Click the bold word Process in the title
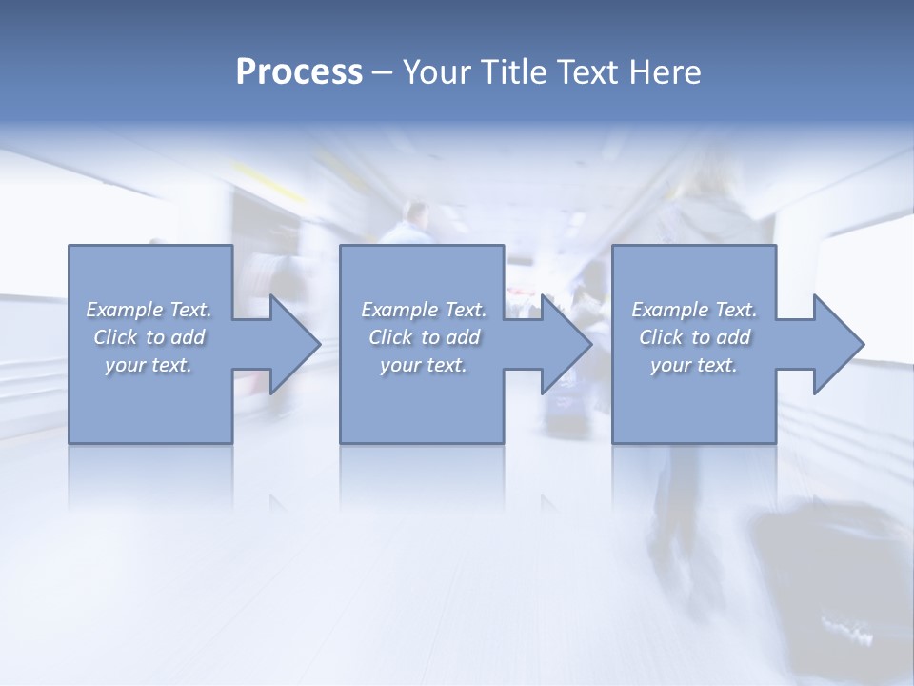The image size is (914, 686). pyautogui.click(x=299, y=72)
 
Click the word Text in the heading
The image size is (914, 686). pyautogui.click(x=586, y=72)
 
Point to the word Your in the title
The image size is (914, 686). pyautogui.click(x=438, y=72)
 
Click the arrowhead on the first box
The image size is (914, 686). pyautogui.click(x=289, y=344)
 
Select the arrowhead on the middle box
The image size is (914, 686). pyautogui.click(x=561, y=344)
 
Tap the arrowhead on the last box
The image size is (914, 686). pyautogui.click(x=832, y=344)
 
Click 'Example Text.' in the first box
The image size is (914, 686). pyautogui.click(x=149, y=310)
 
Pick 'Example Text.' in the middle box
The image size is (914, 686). pyautogui.click(x=424, y=310)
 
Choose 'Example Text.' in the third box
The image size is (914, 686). pyautogui.click(x=694, y=310)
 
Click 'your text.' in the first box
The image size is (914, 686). pyautogui.click(x=149, y=365)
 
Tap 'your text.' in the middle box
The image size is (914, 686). pyautogui.click(x=424, y=365)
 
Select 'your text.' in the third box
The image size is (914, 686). pyautogui.click(x=694, y=365)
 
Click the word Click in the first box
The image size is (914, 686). pyautogui.click(x=115, y=337)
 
